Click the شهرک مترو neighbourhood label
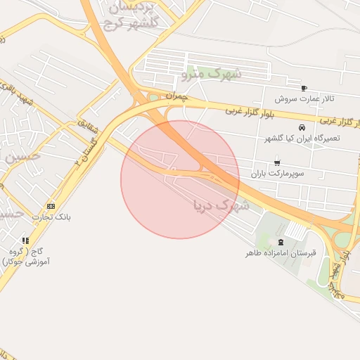pyautogui.click(x=211, y=72)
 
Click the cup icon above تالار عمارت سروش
pyautogui.click(x=304, y=89)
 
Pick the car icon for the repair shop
pyautogui.click(x=302, y=128)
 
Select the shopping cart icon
pyautogui.click(x=275, y=163)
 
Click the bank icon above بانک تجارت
pyautogui.click(x=51, y=206)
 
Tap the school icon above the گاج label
pyautogui.click(x=26, y=240)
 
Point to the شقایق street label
pyautogui.click(x=89, y=126)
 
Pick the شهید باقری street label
pyautogui.click(x=18, y=94)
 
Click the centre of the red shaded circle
pyautogui.click(x=180, y=179)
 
